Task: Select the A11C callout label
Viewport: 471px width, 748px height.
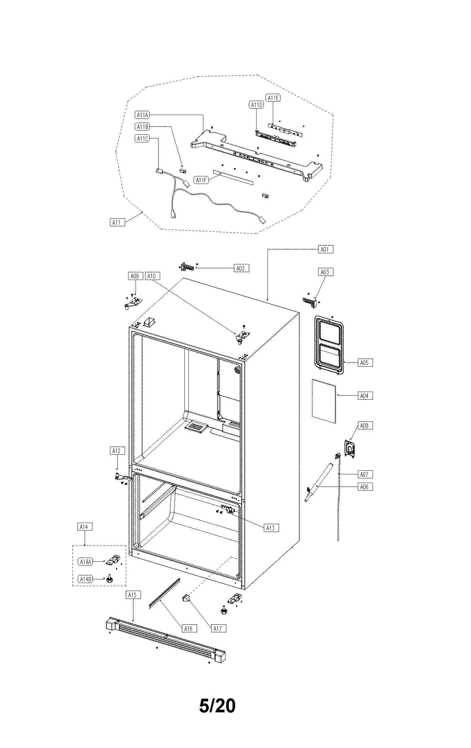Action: tap(142, 139)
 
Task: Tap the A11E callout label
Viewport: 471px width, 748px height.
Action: tap(273, 98)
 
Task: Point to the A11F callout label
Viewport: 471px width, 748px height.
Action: tap(201, 180)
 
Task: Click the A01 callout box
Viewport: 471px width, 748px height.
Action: tap(325, 249)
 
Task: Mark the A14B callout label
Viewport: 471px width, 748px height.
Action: tap(85, 579)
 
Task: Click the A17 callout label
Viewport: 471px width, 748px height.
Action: tap(217, 628)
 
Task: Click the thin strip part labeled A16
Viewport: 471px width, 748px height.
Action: tap(164, 593)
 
